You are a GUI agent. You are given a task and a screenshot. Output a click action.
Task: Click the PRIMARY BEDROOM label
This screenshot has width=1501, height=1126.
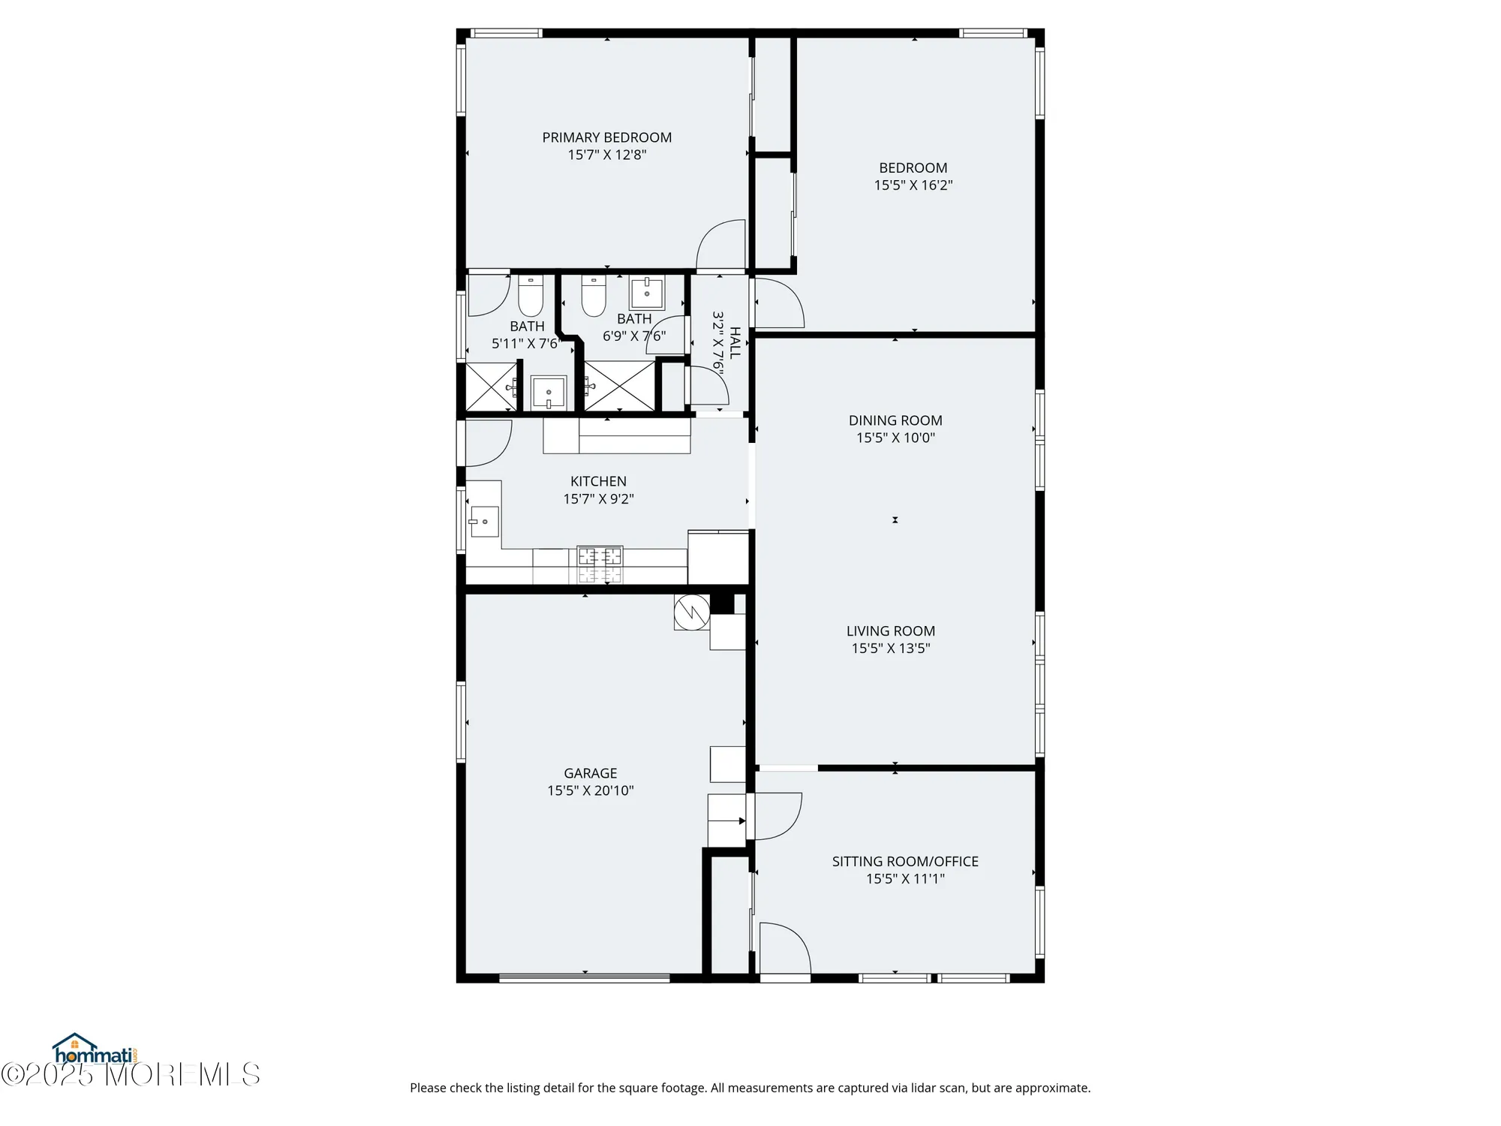click(x=606, y=137)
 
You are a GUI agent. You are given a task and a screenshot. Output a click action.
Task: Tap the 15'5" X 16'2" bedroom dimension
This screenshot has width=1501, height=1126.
click(x=913, y=185)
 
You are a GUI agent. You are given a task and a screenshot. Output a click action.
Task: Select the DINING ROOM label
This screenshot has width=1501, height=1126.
click(x=895, y=420)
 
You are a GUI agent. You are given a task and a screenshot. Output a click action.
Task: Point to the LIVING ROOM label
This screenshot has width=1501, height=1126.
click(x=891, y=631)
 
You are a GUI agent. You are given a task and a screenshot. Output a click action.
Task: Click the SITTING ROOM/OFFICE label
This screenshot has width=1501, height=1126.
click(x=905, y=862)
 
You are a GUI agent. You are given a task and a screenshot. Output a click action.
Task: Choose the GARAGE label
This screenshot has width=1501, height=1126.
click(x=591, y=773)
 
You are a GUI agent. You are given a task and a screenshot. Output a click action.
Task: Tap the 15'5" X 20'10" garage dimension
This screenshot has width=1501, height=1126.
click(x=591, y=790)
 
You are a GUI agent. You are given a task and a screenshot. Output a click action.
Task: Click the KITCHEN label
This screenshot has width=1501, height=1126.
click(x=598, y=481)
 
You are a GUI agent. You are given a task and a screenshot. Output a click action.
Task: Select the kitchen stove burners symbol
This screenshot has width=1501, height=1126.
click(x=600, y=565)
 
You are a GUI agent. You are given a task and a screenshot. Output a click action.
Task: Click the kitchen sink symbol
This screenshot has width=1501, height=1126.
click(x=484, y=521)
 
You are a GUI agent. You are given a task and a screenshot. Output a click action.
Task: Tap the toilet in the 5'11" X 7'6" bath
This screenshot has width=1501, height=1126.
click(x=531, y=296)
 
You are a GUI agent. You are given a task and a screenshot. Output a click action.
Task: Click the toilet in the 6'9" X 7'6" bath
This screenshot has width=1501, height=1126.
click(x=594, y=296)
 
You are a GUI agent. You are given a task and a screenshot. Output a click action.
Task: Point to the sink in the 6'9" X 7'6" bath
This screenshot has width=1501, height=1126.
click(x=646, y=293)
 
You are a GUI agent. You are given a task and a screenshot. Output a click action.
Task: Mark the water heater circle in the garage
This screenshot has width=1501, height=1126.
click(x=691, y=612)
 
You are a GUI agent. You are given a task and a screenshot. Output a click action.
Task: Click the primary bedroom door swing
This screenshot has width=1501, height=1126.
click(x=720, y=244)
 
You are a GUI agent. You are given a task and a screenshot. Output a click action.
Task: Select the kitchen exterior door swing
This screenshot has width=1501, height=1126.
click(x=489, y=443)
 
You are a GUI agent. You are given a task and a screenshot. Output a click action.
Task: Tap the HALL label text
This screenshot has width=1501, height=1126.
click(x=735, y=342)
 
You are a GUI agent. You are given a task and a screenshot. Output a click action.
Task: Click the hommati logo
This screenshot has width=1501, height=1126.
click(x=94, y=1049)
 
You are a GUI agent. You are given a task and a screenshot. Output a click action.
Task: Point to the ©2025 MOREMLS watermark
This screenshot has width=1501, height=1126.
click(x=131, y=1074)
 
